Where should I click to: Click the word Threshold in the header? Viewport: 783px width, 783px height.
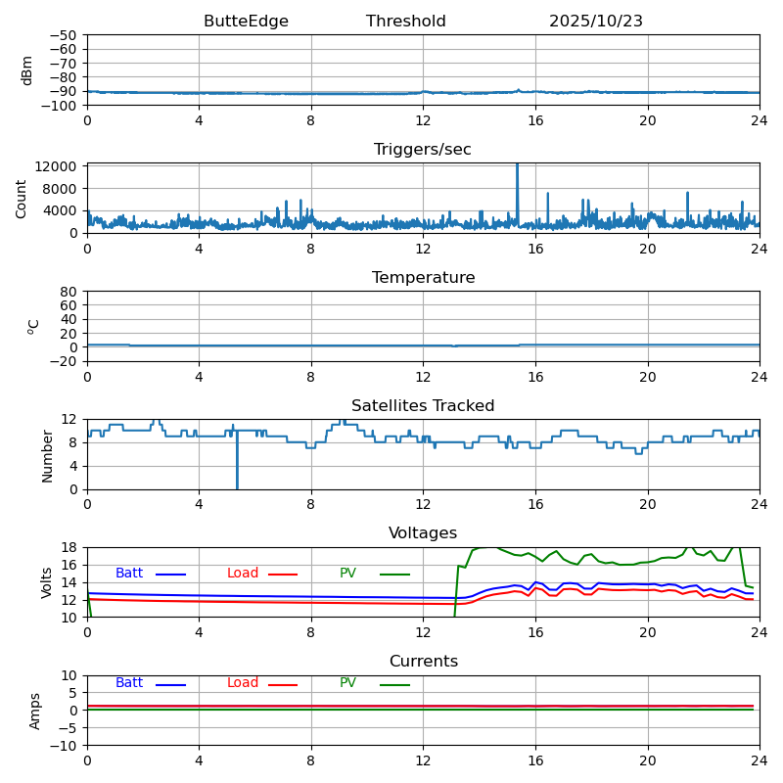coord(406,22)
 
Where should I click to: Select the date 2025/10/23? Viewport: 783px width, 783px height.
coord(596,22)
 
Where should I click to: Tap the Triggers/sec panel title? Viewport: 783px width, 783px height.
coord(423,150)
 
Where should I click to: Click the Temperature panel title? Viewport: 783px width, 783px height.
coord(423,278)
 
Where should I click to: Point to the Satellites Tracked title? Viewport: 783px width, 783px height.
coord(423,406)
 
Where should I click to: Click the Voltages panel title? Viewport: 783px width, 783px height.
coord(423,533)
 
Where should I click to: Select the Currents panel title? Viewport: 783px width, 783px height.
coord(423,662)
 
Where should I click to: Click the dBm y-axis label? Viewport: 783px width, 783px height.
coord(27,69)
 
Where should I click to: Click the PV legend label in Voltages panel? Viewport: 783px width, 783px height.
coord(347,574)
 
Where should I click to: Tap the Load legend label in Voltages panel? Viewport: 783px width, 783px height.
coord(243,574)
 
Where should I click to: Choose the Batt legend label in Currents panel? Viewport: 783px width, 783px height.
coord(129,683)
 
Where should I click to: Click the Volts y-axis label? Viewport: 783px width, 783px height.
coord(47,582)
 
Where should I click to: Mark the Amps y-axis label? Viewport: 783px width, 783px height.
coord(36,711)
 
